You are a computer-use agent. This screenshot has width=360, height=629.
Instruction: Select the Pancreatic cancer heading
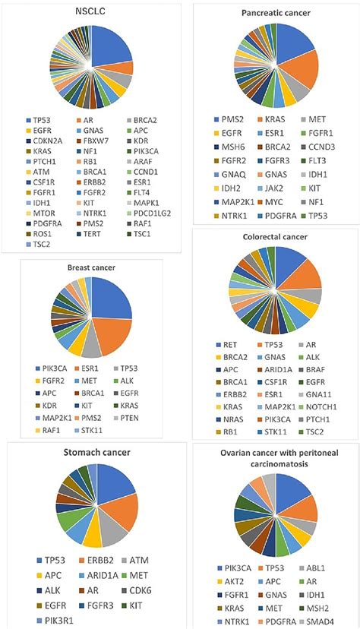274,14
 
